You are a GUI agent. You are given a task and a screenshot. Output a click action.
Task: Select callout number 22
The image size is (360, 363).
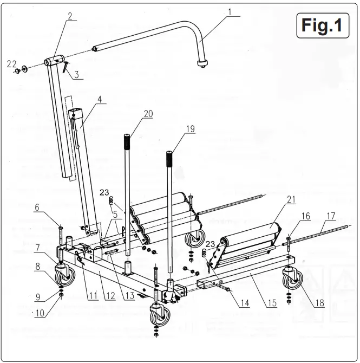[x=11, y=63]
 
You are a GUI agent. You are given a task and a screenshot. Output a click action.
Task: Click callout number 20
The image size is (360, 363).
[x=148, y=113]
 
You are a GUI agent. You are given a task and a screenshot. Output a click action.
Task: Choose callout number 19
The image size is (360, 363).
[x=189, y=129]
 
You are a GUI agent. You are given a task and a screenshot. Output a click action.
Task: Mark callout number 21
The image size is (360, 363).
[x=291, y=200]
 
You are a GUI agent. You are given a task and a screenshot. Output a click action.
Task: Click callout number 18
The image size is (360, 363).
[x=320, y=303]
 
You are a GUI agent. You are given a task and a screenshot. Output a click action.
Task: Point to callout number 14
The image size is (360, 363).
[x=245, y=303]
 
